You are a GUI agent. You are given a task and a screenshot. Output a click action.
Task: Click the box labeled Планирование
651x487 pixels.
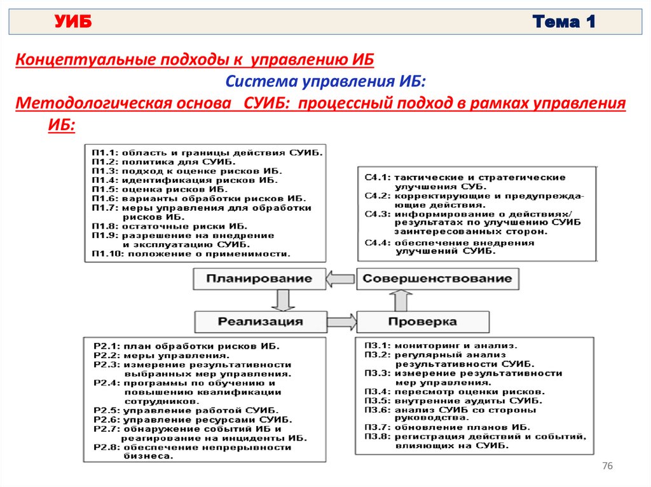(259, 278)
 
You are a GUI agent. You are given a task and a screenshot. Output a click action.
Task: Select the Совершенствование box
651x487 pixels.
(437, 278)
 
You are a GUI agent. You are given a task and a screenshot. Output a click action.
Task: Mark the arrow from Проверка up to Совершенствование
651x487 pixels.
(401, 300)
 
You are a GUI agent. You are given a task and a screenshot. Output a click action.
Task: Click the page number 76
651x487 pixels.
(606, 467)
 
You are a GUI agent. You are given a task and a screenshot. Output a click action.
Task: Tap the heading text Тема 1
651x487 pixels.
(564, 23)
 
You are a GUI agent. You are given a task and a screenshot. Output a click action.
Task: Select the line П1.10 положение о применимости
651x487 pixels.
(191, 253)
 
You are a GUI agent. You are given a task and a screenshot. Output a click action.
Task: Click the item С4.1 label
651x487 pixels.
(376, 177)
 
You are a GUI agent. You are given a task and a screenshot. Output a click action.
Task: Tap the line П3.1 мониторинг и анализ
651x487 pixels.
(441, 346)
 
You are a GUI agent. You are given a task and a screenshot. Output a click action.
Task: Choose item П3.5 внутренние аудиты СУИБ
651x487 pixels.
(453, 401)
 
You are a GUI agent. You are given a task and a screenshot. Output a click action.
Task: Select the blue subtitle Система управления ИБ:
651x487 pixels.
(325, 82)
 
